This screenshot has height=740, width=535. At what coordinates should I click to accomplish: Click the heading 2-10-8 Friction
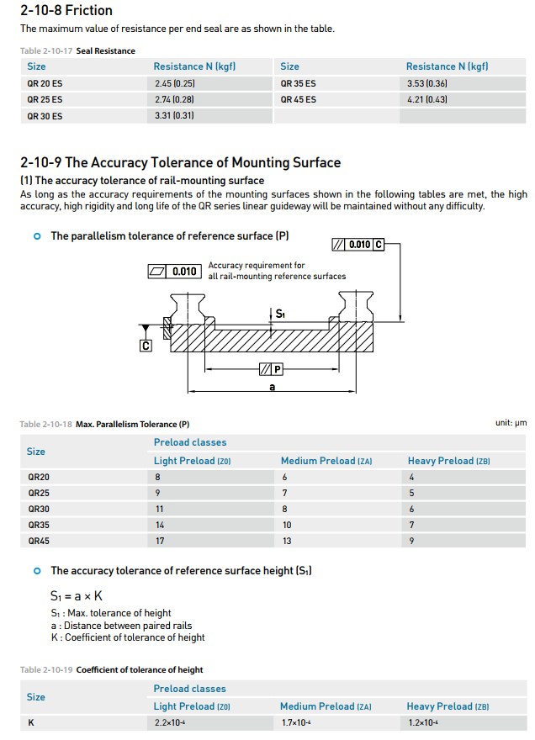[x=66, y=11]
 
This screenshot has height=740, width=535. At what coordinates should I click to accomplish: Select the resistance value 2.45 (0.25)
[x=175, y=83]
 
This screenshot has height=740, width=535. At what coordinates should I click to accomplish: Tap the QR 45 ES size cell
[x=299, y=99]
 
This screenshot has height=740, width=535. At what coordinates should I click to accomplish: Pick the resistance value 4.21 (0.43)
[x=426, y=99]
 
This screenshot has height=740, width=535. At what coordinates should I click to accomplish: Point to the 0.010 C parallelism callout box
[x=358, y=245]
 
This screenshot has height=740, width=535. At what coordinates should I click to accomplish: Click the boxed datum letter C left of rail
[x=146, y=345]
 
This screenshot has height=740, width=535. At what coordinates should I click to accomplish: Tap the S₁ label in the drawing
[x=280, y=314]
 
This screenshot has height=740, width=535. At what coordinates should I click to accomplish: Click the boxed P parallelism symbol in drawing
[x=271, y=369]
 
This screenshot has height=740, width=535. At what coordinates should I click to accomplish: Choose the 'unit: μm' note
[x=511, y=423]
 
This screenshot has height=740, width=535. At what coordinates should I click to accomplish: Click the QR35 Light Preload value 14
[x=159, y=525]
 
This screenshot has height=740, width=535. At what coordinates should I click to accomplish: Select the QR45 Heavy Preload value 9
[x=411, y=541]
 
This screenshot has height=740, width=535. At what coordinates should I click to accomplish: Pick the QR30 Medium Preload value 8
[x=284, y=509]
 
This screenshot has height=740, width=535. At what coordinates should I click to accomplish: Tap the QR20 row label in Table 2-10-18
[x=39, y=477]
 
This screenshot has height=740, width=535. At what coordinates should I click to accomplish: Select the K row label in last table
[x=31, y=722]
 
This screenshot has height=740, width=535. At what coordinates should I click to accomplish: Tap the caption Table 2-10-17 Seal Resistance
[x=77, y=50]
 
